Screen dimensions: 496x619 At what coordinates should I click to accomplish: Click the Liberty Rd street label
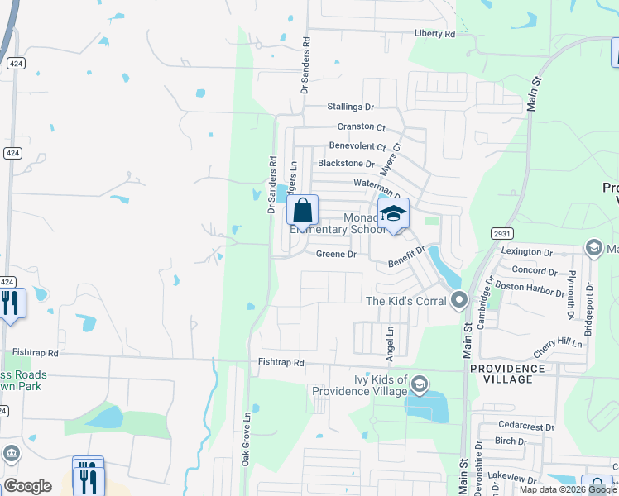(435, 34)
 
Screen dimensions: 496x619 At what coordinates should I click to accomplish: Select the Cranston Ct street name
(361, 127)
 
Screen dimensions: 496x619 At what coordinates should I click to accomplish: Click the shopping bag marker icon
(303, 210)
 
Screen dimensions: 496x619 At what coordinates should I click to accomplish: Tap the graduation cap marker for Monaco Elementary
(394, 213)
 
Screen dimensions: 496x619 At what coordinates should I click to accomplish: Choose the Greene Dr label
(336, 255)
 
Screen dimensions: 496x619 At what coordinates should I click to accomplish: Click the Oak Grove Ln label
(246, 439)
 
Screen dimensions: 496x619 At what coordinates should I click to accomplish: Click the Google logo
(27, 486)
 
